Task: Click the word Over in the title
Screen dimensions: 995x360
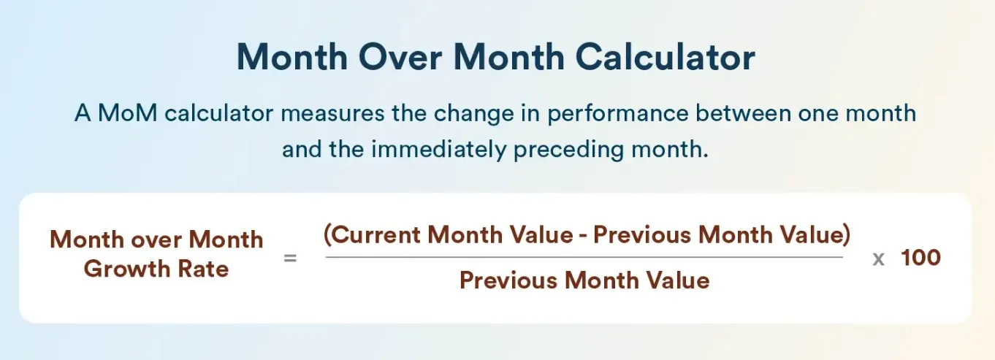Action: [400, 57]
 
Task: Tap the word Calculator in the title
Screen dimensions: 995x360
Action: [665, 57]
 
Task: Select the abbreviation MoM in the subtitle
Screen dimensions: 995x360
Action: [128, 112]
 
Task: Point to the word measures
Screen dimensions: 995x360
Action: [332, 113]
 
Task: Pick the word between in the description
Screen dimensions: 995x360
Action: [743, 112]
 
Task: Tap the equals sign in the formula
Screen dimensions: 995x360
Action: [290, 258]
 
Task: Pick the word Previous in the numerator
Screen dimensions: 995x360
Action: [642, 235]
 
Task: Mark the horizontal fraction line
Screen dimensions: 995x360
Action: [584, 257]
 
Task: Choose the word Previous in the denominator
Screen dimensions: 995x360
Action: [508, 280]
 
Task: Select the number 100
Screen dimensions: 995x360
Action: [920, 258]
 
